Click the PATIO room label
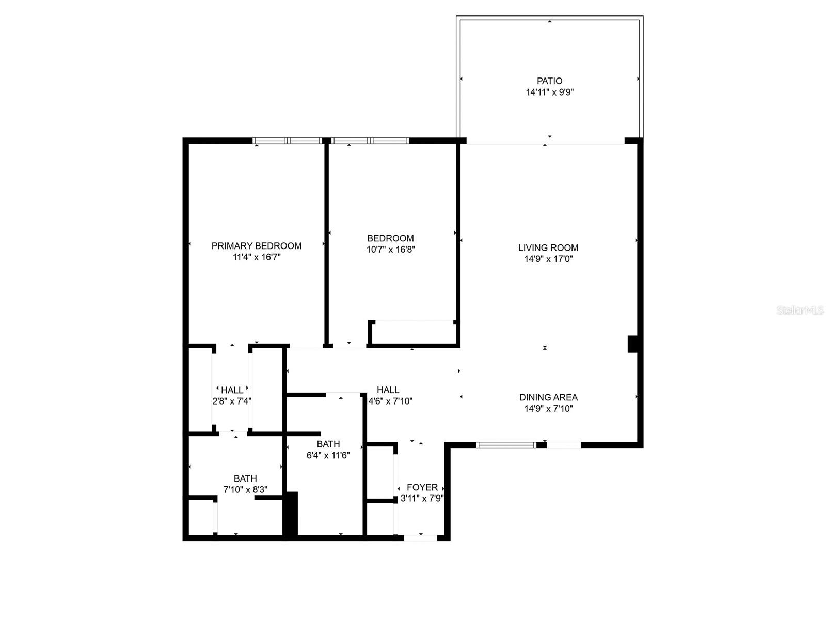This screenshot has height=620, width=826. (549, 81)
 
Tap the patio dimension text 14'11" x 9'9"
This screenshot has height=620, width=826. (550, 92)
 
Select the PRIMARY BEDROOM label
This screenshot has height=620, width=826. (257, 246)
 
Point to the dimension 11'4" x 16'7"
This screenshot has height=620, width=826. (257, 257)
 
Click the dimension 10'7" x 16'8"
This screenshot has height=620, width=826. (391, 250)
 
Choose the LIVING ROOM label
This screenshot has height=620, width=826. (548, 248)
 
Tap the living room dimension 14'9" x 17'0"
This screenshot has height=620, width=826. (548, 259)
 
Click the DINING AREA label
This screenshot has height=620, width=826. (548, 397)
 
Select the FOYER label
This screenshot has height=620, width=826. (422, 487)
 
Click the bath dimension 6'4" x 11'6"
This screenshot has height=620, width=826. (328, 455)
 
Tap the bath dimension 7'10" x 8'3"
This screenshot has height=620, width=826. (245, 490)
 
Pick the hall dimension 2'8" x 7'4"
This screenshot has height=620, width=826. (232, 401)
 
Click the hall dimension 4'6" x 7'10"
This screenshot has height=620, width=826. (390, 401)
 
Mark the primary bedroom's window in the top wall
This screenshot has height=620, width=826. (287, 140)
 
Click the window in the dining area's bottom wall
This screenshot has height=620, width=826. (506, 444)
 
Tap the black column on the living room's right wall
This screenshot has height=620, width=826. (632, 344)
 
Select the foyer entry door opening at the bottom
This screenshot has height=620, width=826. (420, 538)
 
